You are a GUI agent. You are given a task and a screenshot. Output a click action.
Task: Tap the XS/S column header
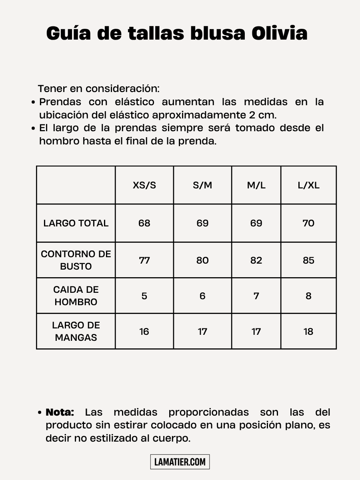[144, 186]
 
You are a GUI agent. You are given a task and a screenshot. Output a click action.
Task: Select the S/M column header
[202, 186]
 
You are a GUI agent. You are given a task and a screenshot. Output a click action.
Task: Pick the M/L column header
[256, 186]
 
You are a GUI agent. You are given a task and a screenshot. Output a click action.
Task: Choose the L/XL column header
[308, 186]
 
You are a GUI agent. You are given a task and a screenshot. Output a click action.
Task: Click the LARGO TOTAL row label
[76, 223]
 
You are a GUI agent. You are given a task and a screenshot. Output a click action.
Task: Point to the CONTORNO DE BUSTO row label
[76, 260]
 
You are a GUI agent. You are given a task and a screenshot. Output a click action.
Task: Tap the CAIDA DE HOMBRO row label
[76, 296]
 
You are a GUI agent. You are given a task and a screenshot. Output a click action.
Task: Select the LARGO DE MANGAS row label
[76, 331]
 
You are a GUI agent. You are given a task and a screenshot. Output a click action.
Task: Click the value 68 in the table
[144, 223]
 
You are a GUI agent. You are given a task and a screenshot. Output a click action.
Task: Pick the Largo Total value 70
[308, 223]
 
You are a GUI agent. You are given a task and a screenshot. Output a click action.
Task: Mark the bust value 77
[144, 260]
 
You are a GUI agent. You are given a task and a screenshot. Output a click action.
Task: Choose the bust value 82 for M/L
[256, 260]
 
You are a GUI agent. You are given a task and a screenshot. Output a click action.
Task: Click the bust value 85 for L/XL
[308, 260]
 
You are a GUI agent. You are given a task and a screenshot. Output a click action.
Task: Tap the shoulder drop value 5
[144, 296]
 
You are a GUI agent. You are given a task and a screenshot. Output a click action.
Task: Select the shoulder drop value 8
[308, 296]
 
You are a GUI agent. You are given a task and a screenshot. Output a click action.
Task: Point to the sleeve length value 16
[144, 332]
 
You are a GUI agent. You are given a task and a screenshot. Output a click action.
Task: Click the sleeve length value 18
[308, 332]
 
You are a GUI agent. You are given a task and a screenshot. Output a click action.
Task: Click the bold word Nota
[60, 412]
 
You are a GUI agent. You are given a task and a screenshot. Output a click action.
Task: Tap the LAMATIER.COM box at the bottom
[180, 462]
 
